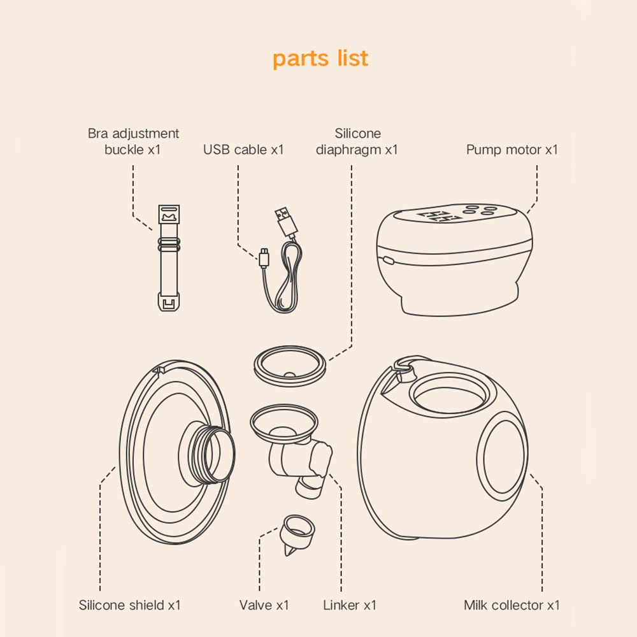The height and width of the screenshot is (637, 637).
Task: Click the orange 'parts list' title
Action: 320,59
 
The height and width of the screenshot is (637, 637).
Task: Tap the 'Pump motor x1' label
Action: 512,150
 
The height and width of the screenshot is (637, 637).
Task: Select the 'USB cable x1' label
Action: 243,150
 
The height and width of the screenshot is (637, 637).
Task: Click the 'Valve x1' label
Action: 264,605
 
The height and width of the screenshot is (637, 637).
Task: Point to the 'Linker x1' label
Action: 349,605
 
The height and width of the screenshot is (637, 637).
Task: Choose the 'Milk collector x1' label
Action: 512,605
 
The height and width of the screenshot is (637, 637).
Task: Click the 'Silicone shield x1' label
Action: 129,605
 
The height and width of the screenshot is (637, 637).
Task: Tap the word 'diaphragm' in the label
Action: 348,150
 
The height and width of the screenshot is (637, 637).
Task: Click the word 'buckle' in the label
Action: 124,150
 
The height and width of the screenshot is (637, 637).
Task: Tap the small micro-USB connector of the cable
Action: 264,258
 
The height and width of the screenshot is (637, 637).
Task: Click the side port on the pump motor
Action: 388,261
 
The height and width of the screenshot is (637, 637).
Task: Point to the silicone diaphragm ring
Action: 290,366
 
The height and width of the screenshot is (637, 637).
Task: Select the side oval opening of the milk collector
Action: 503,456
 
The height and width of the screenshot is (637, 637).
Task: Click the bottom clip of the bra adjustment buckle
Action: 169,301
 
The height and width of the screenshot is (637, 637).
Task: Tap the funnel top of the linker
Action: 284,422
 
